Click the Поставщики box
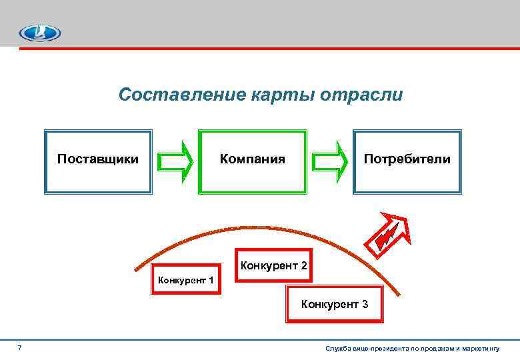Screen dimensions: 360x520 [x=98, y=161]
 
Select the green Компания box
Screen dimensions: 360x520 [x=253, y=161]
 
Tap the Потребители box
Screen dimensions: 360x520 [x=407, y=161]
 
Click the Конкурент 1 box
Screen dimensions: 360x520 [x=185, y=280]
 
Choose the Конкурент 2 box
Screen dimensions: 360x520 [x=273, y=266]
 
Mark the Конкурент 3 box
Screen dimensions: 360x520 [x=334, y=305]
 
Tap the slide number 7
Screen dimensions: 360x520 [x=19, y=348]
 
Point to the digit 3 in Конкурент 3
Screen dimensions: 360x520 [x=365, y=305]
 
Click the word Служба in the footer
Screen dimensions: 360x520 [x=337, y=349]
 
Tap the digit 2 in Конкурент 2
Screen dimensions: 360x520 [x=303, y=266]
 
